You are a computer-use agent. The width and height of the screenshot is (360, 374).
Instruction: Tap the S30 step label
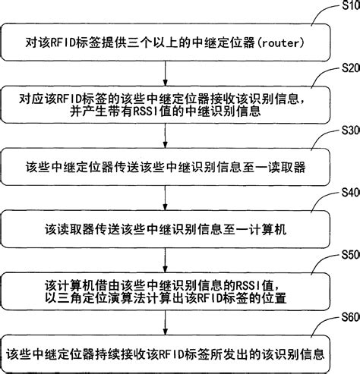point(349,130)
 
